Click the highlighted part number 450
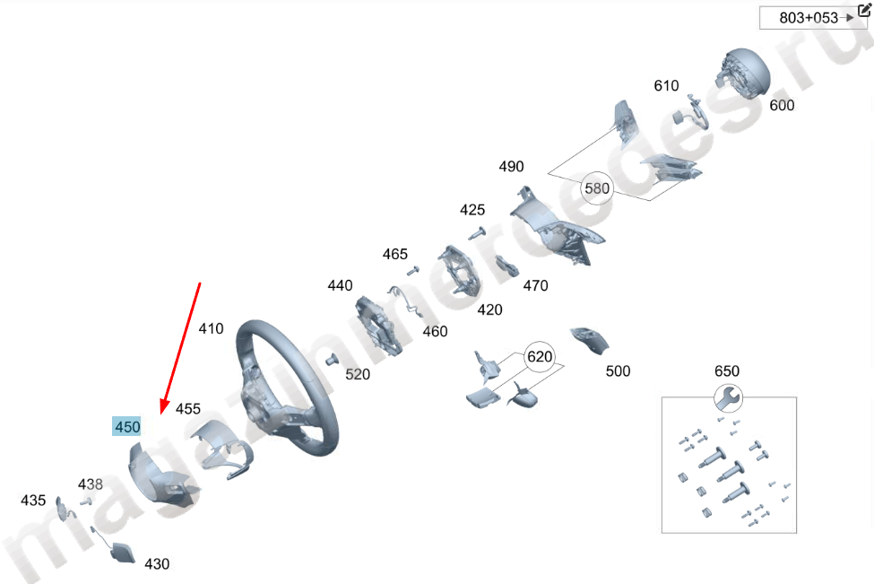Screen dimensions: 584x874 (x=127, y=427)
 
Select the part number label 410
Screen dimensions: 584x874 (x=211, y=329)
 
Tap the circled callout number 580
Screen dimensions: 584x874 (x=596, y=188)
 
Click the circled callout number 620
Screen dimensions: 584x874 (x=540, y=356)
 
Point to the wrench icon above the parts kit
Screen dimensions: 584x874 (x=727, y=397)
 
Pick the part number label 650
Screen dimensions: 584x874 (x=727, y=371)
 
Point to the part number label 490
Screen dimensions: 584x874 (x=511, y=167)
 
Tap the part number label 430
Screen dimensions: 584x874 (x=157, y=564)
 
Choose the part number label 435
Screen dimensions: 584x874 (x=33, y=500)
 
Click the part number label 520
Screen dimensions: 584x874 (x=358, y=374)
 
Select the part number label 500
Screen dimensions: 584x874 (x=618, y=371)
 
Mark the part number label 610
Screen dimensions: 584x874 (x=666, y=86)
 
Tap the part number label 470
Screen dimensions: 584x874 (x=535, y=286)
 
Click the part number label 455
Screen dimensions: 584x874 (x=188, y=409)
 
